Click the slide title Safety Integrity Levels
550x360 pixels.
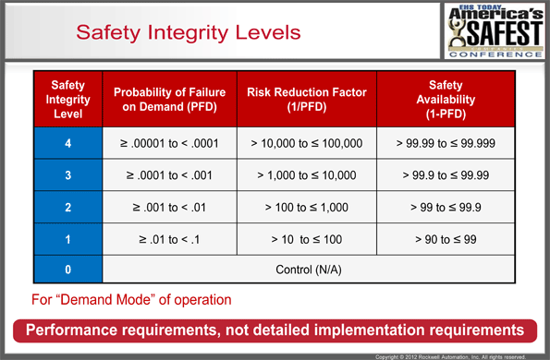coord(188,32)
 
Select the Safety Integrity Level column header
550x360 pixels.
coord(67,98)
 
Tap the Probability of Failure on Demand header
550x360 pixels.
coord(169,99)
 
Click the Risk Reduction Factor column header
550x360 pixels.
coord(307,99)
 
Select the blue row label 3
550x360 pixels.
coord(67,174)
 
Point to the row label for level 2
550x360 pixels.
coord(67,208)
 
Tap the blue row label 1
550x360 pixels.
coord(67,240)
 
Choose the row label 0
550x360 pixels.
coord(67,270)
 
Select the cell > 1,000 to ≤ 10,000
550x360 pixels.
coord(307,174)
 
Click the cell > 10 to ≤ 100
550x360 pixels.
coord(307,240)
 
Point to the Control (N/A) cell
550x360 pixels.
coord(307,270)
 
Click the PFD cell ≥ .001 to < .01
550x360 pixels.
coord(169,208)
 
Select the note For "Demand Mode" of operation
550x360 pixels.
coord(131,299)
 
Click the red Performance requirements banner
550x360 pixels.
coord(275,330)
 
